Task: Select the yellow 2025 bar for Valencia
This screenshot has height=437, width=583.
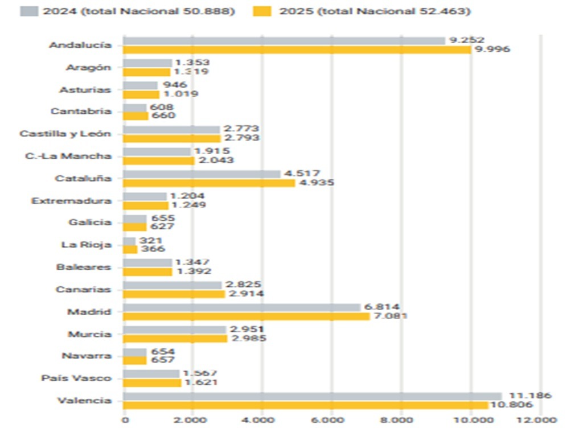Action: click(x=305, y=405)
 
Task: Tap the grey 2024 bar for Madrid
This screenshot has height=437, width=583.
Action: click(x=241, y=307)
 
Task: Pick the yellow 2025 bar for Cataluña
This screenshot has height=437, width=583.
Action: click(x=208, y=183)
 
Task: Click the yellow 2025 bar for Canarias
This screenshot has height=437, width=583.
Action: click(x=174, y=294)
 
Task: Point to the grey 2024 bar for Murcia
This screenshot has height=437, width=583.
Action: click(x=174, y=329)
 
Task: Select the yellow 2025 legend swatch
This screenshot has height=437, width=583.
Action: click(x=262, y=11)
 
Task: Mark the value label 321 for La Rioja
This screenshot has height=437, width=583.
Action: click(x=151, y=241)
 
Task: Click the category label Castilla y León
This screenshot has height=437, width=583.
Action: click(x=65, y=134)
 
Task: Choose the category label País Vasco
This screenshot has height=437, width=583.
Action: click(x=76, y=378)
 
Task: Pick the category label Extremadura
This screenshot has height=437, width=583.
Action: click(x=72, y=201)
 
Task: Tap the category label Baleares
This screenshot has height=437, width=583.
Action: click(x=84, y=267)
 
